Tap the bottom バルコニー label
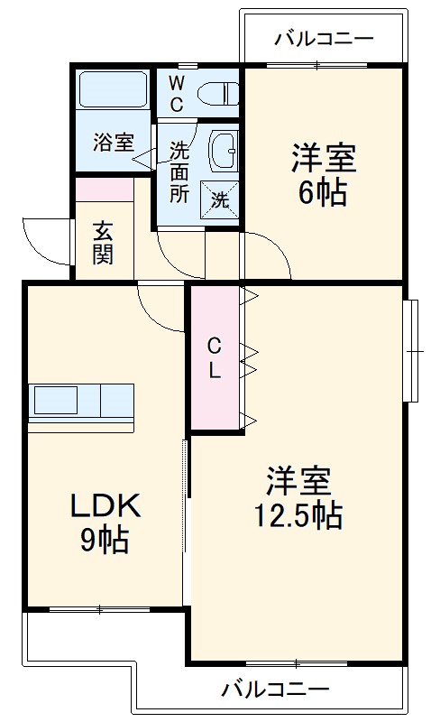click(275, 690)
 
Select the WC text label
click(176, 94)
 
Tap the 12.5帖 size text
click(298, 515)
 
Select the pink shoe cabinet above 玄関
click(104, 190)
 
